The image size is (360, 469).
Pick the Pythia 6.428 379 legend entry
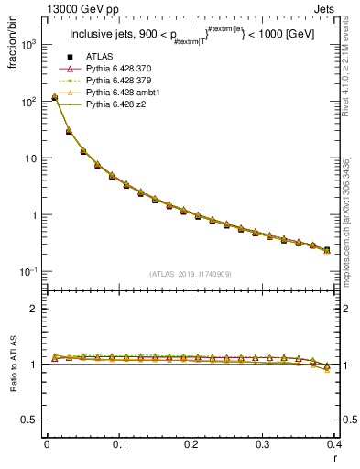117,82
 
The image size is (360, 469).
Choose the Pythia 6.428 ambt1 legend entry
119,93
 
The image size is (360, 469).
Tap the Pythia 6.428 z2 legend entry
114,104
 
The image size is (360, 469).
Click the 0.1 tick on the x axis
119,444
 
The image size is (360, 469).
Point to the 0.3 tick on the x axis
264,444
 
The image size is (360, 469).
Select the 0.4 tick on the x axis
334,444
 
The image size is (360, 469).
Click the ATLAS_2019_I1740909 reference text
190,274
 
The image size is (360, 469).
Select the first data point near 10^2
55,97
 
